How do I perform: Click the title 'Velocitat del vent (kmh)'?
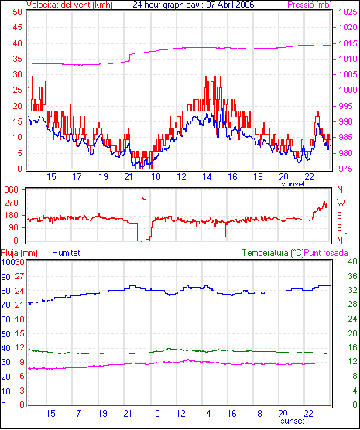tap(69, 5)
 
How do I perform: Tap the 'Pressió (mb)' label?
tap(310, 5)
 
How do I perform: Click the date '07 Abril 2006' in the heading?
tap(230, 5)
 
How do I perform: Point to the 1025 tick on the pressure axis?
tap(348, 12)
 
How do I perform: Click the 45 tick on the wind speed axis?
tap(17, 27)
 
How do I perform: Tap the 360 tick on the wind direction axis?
tap(12, 189)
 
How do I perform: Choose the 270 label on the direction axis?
tap(12, 203)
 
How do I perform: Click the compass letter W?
tap(341, 203)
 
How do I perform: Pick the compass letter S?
tap(339, 216)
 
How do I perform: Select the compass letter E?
tap(339, 228)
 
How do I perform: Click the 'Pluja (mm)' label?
tap(19, 253)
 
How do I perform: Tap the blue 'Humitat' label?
tap(66, 253)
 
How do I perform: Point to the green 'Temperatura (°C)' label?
tap(273, 253)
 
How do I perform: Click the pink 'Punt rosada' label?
tap(326, 253)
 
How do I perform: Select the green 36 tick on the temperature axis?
tap(352, 276)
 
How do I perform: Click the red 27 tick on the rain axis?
tap(19, 276)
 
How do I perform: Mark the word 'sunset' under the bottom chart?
tap(293, 421)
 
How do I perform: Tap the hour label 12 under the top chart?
tap(181, 177)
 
